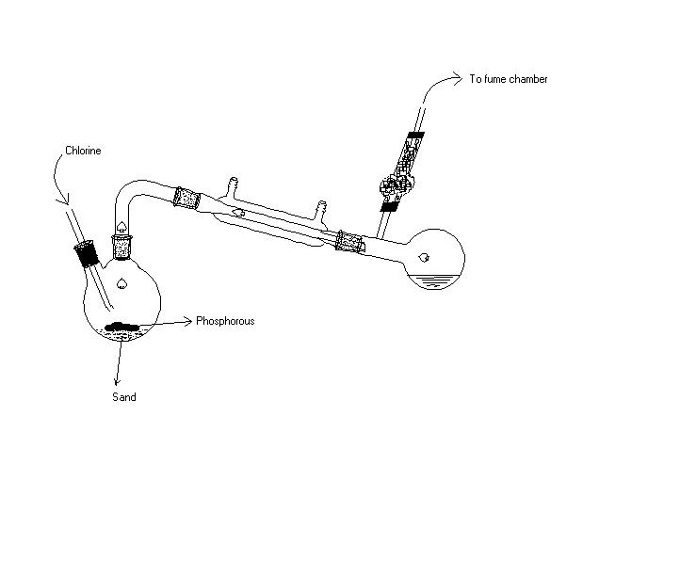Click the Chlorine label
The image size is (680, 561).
[x=83, y=151]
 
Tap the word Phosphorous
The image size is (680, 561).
[x=225, y=321]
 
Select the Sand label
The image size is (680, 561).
[x=124, y=397]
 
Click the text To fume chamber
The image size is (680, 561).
[x=509, y=79]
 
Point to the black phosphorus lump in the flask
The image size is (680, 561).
[x=122, y=326]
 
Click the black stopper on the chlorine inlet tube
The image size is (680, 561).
[x=87, y=253]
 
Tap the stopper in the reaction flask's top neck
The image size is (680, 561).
[x=121, y=248]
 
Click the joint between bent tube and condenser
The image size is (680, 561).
[x=186, y=198]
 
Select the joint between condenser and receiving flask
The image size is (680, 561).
[x=350, y=242]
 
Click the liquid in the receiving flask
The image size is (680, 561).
[x=433, y=281]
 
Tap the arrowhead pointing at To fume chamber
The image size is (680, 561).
[x=458, y=78]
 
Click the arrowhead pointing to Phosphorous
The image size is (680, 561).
[x=187, y=321]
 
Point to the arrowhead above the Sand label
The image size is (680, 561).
[x=117, y=381]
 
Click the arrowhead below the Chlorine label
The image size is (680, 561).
[x=66, y=199]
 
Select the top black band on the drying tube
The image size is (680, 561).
[x=415, y=136]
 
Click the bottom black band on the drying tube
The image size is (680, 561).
[x=389, y=207]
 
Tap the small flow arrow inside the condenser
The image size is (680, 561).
[x=239, y=213]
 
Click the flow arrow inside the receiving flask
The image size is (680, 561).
[x=424, y=258]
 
